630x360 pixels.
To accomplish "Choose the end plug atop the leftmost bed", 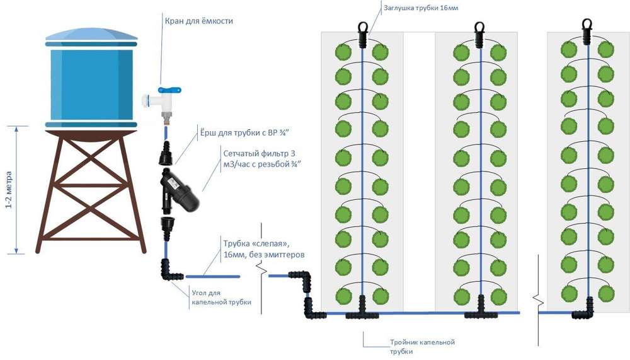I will tap(363, 35).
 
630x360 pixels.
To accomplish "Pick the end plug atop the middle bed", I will tap(480, 35).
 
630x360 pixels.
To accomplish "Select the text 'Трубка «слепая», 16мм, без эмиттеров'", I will tap(263, 248).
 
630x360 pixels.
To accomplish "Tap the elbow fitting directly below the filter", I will tap(168, 270).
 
